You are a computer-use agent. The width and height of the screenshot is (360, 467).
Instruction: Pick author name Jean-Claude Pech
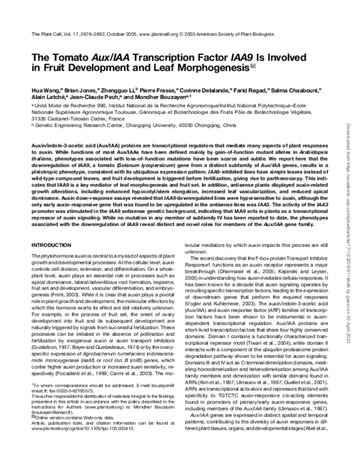(x=92, y=97)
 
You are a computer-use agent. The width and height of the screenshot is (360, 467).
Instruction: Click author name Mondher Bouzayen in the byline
(x=160, y=97)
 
